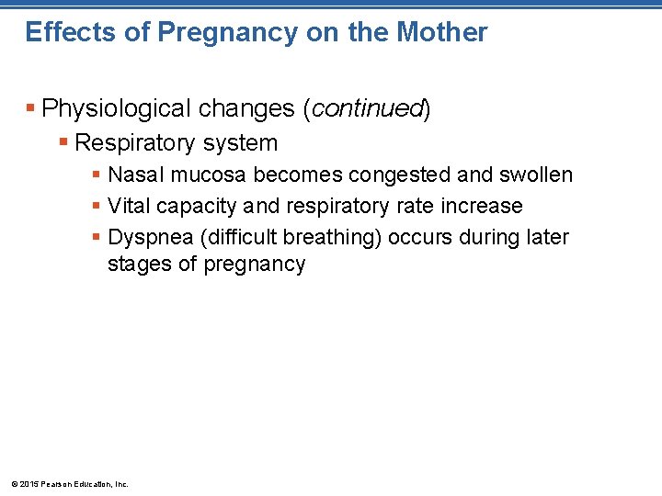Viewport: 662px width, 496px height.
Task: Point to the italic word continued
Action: tap(367, 109)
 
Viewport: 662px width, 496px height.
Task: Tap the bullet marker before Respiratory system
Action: tap(63, 143)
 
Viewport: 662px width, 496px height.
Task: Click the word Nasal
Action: tap(133, 175)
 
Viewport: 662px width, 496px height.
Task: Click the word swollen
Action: tap(536, 175)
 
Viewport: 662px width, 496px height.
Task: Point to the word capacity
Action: tap(191, 206)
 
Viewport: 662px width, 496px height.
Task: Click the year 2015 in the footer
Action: tap(25, 484)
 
